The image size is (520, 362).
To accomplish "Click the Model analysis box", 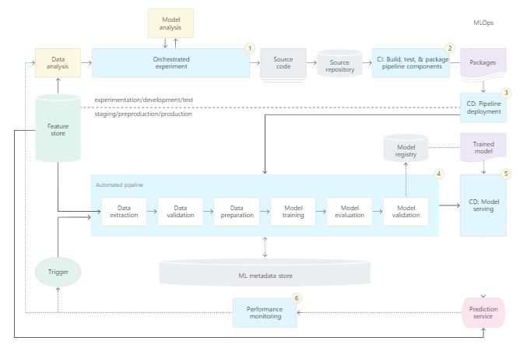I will [170, 23].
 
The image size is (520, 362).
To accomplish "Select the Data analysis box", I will [58, 63].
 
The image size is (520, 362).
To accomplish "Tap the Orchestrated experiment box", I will [165, 63].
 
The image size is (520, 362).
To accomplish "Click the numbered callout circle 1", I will [250, 48].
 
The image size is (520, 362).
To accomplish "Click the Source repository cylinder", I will [339, 65].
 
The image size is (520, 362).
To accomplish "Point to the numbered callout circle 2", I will [449, 48].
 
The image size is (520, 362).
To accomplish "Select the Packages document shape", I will [483, 63].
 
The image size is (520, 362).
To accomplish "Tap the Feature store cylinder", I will [58, 128].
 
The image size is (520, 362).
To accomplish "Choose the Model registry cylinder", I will [406, 149].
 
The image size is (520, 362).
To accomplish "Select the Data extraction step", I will [124, 211].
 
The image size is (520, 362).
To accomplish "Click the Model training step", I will [293, 211].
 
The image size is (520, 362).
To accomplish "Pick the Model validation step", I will [405, 211].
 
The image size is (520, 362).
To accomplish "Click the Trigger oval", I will [58, 273].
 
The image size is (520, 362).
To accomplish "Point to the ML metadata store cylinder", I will [265, 274].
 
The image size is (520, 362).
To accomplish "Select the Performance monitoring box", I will [265, 313].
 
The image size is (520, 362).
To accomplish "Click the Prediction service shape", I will [483, 313].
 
